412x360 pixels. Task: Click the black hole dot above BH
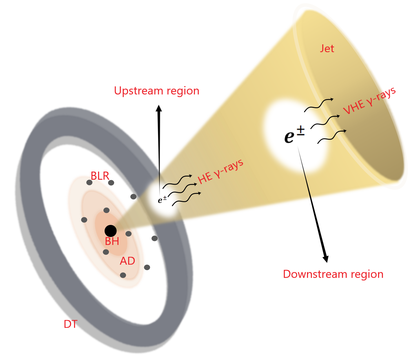click(110, 231)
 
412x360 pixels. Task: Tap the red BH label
click(112, 241)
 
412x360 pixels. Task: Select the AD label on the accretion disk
click(127, 261)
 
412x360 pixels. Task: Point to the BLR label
click(100, 176)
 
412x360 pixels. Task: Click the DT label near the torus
click(70, 324)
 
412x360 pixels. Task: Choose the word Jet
click(327, 48)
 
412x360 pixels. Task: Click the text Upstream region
click(156, 91)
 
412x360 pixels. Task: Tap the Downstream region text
click(333, 274)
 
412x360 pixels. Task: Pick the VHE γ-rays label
click(369, 101)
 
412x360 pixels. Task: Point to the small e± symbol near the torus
click(162, 199)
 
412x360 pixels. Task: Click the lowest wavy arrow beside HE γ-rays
click(186, 199)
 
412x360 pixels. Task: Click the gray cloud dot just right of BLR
click(111, 183)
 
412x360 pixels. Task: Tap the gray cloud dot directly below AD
click(123, 275)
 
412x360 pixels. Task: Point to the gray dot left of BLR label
click(89, 183)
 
